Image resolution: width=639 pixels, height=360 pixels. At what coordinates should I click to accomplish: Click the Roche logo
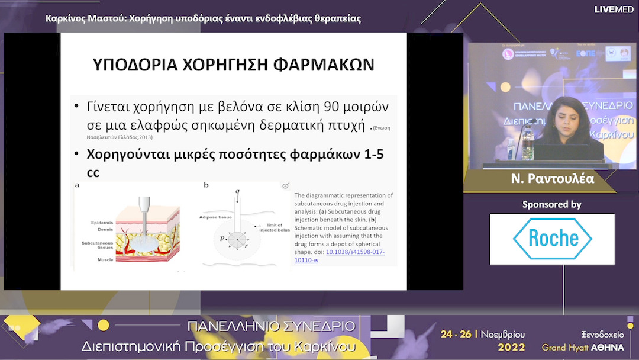[552, 239]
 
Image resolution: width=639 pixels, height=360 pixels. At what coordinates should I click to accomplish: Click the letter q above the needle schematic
[237, 191]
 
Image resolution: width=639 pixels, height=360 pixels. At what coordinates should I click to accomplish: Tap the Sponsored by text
[551, 204]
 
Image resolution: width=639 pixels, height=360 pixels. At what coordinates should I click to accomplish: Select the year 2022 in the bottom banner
[511, 347]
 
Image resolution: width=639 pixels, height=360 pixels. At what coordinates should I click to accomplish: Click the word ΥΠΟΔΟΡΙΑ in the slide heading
[138, 65]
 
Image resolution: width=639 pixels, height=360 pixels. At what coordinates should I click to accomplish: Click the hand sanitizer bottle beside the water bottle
[511, 149]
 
